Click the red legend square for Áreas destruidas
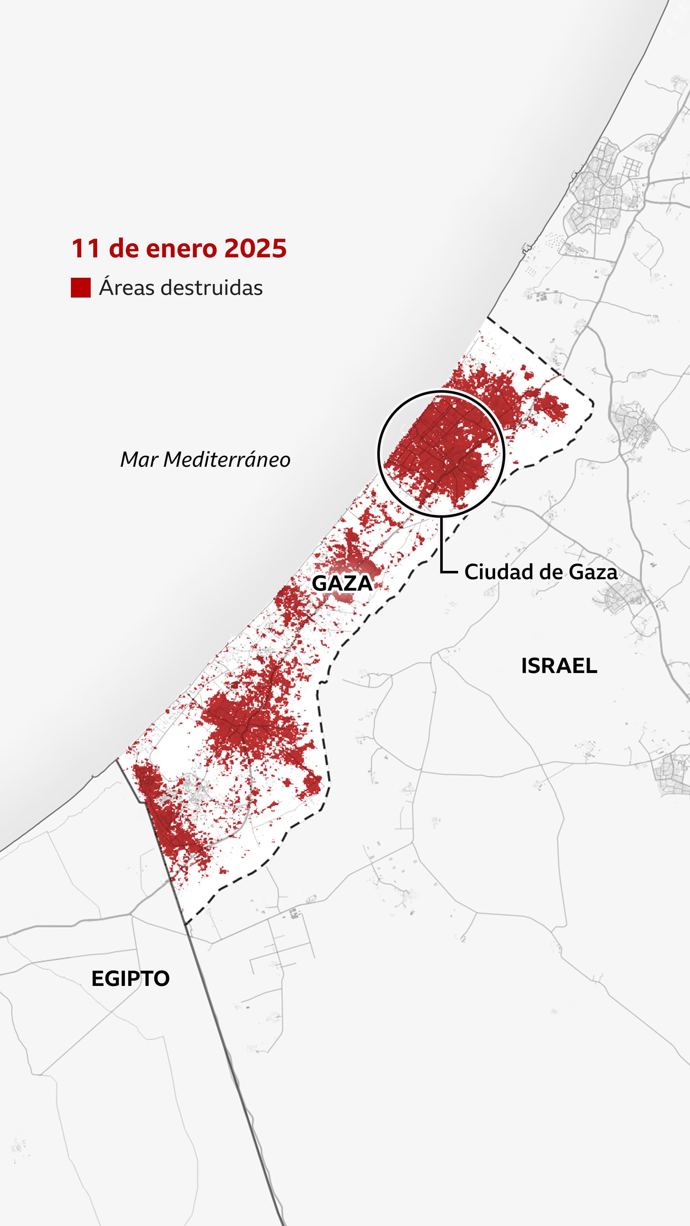click(80, 288)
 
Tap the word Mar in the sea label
click(139, 460)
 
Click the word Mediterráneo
click(227, 460)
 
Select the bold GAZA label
click(342, 584)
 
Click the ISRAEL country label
click(559, 666)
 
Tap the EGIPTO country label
click(130, 979)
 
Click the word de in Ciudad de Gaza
click(548, 572)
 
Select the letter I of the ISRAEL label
click(524, 666)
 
